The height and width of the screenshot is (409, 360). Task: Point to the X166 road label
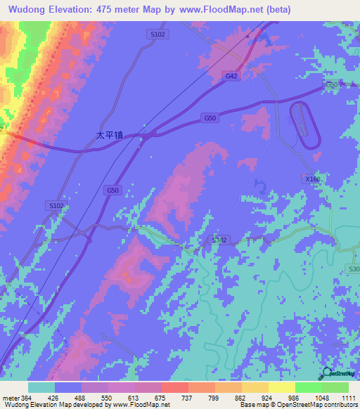coord(313,179)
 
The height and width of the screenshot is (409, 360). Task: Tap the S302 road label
coord(219,240)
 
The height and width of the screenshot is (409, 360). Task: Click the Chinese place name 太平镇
coord(110,135)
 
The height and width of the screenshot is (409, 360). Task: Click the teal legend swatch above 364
coord(41,387)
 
